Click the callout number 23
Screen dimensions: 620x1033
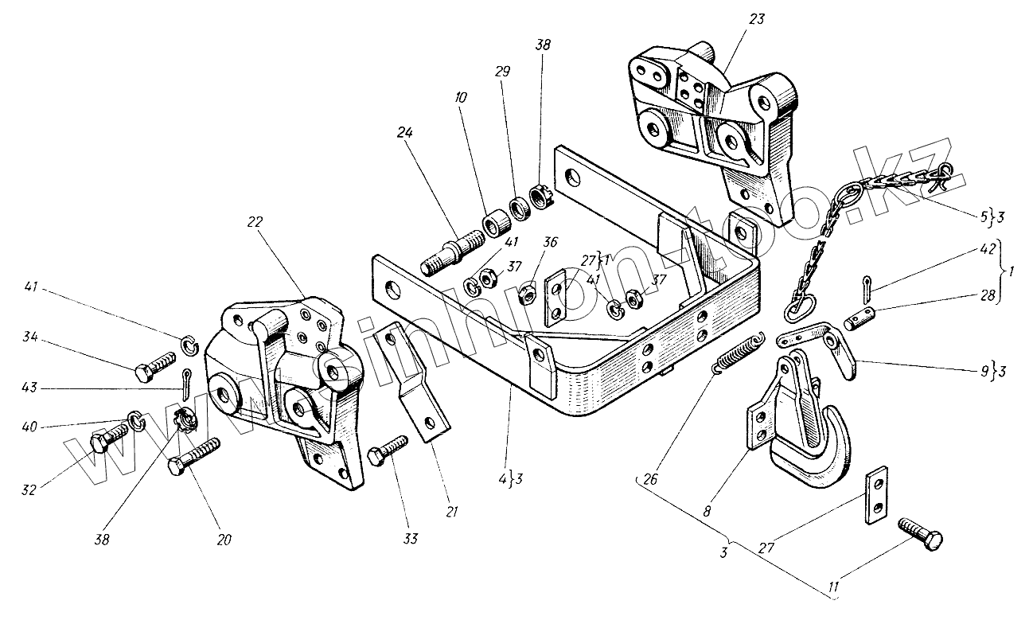click(x=756, y=19)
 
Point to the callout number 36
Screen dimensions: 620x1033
click(x=551, y=243)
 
